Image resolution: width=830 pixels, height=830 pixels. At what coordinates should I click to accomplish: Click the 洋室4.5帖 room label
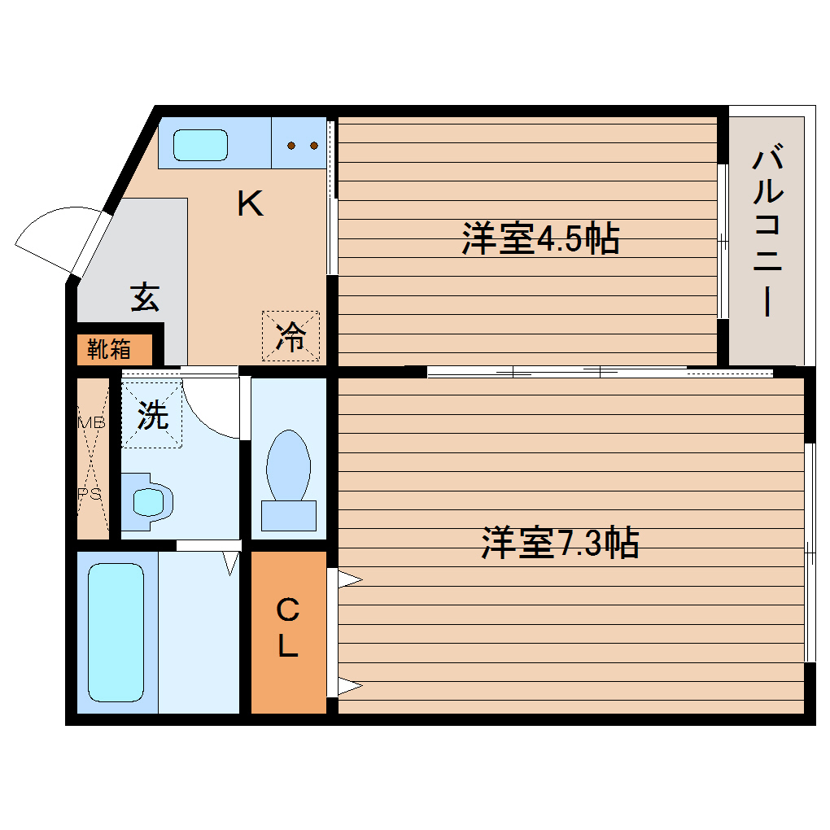click(540, 238)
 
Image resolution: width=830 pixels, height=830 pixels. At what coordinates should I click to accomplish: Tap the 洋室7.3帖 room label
click(559, 543)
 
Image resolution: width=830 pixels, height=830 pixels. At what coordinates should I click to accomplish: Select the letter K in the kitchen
click(250, 203)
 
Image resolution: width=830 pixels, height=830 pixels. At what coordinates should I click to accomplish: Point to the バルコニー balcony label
click(768, 231)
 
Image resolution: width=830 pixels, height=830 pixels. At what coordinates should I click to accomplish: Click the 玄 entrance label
click(144, 298)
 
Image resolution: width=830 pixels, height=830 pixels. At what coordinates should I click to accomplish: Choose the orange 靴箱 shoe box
click(114, 350)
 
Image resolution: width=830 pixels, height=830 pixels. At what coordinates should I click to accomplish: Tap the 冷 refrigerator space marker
click(290, 337)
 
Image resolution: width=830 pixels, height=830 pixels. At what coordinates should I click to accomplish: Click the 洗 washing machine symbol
click(152, 415)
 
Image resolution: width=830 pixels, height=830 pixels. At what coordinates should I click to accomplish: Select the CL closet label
click(288, 627)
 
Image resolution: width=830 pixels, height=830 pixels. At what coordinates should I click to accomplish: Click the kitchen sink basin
click(201, 144)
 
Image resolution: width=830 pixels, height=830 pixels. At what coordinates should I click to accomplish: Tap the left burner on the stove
click(290, 146)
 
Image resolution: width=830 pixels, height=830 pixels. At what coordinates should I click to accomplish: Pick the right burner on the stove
click(313, 146)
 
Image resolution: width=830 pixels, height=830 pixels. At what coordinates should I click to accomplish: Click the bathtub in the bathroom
click(116, 631)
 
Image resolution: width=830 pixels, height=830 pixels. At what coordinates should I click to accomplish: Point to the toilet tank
click(288, 515)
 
